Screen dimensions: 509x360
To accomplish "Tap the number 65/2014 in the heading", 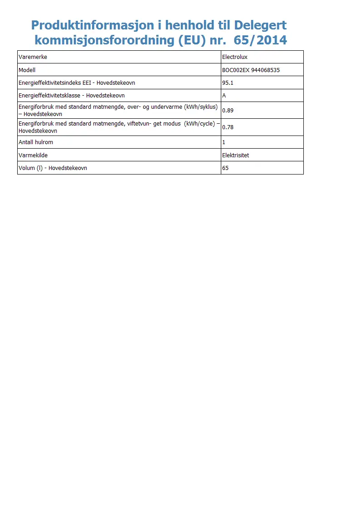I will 260,40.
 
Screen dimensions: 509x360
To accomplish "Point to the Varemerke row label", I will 33,57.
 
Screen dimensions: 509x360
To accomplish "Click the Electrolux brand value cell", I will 234,57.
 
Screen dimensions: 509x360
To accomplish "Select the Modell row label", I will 27,70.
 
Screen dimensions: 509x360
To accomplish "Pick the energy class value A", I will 224,96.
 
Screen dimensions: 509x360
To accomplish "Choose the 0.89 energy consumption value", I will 228,110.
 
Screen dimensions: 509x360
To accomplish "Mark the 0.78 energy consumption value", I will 228,127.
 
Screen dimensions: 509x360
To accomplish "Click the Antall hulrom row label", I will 36,142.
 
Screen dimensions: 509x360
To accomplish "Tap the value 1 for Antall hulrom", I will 224,142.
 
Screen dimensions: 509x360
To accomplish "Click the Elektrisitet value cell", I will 235,155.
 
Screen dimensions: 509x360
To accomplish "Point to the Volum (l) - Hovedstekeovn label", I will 53,168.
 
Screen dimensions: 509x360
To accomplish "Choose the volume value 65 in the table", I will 225,168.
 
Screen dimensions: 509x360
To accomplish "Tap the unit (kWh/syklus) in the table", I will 201,107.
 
